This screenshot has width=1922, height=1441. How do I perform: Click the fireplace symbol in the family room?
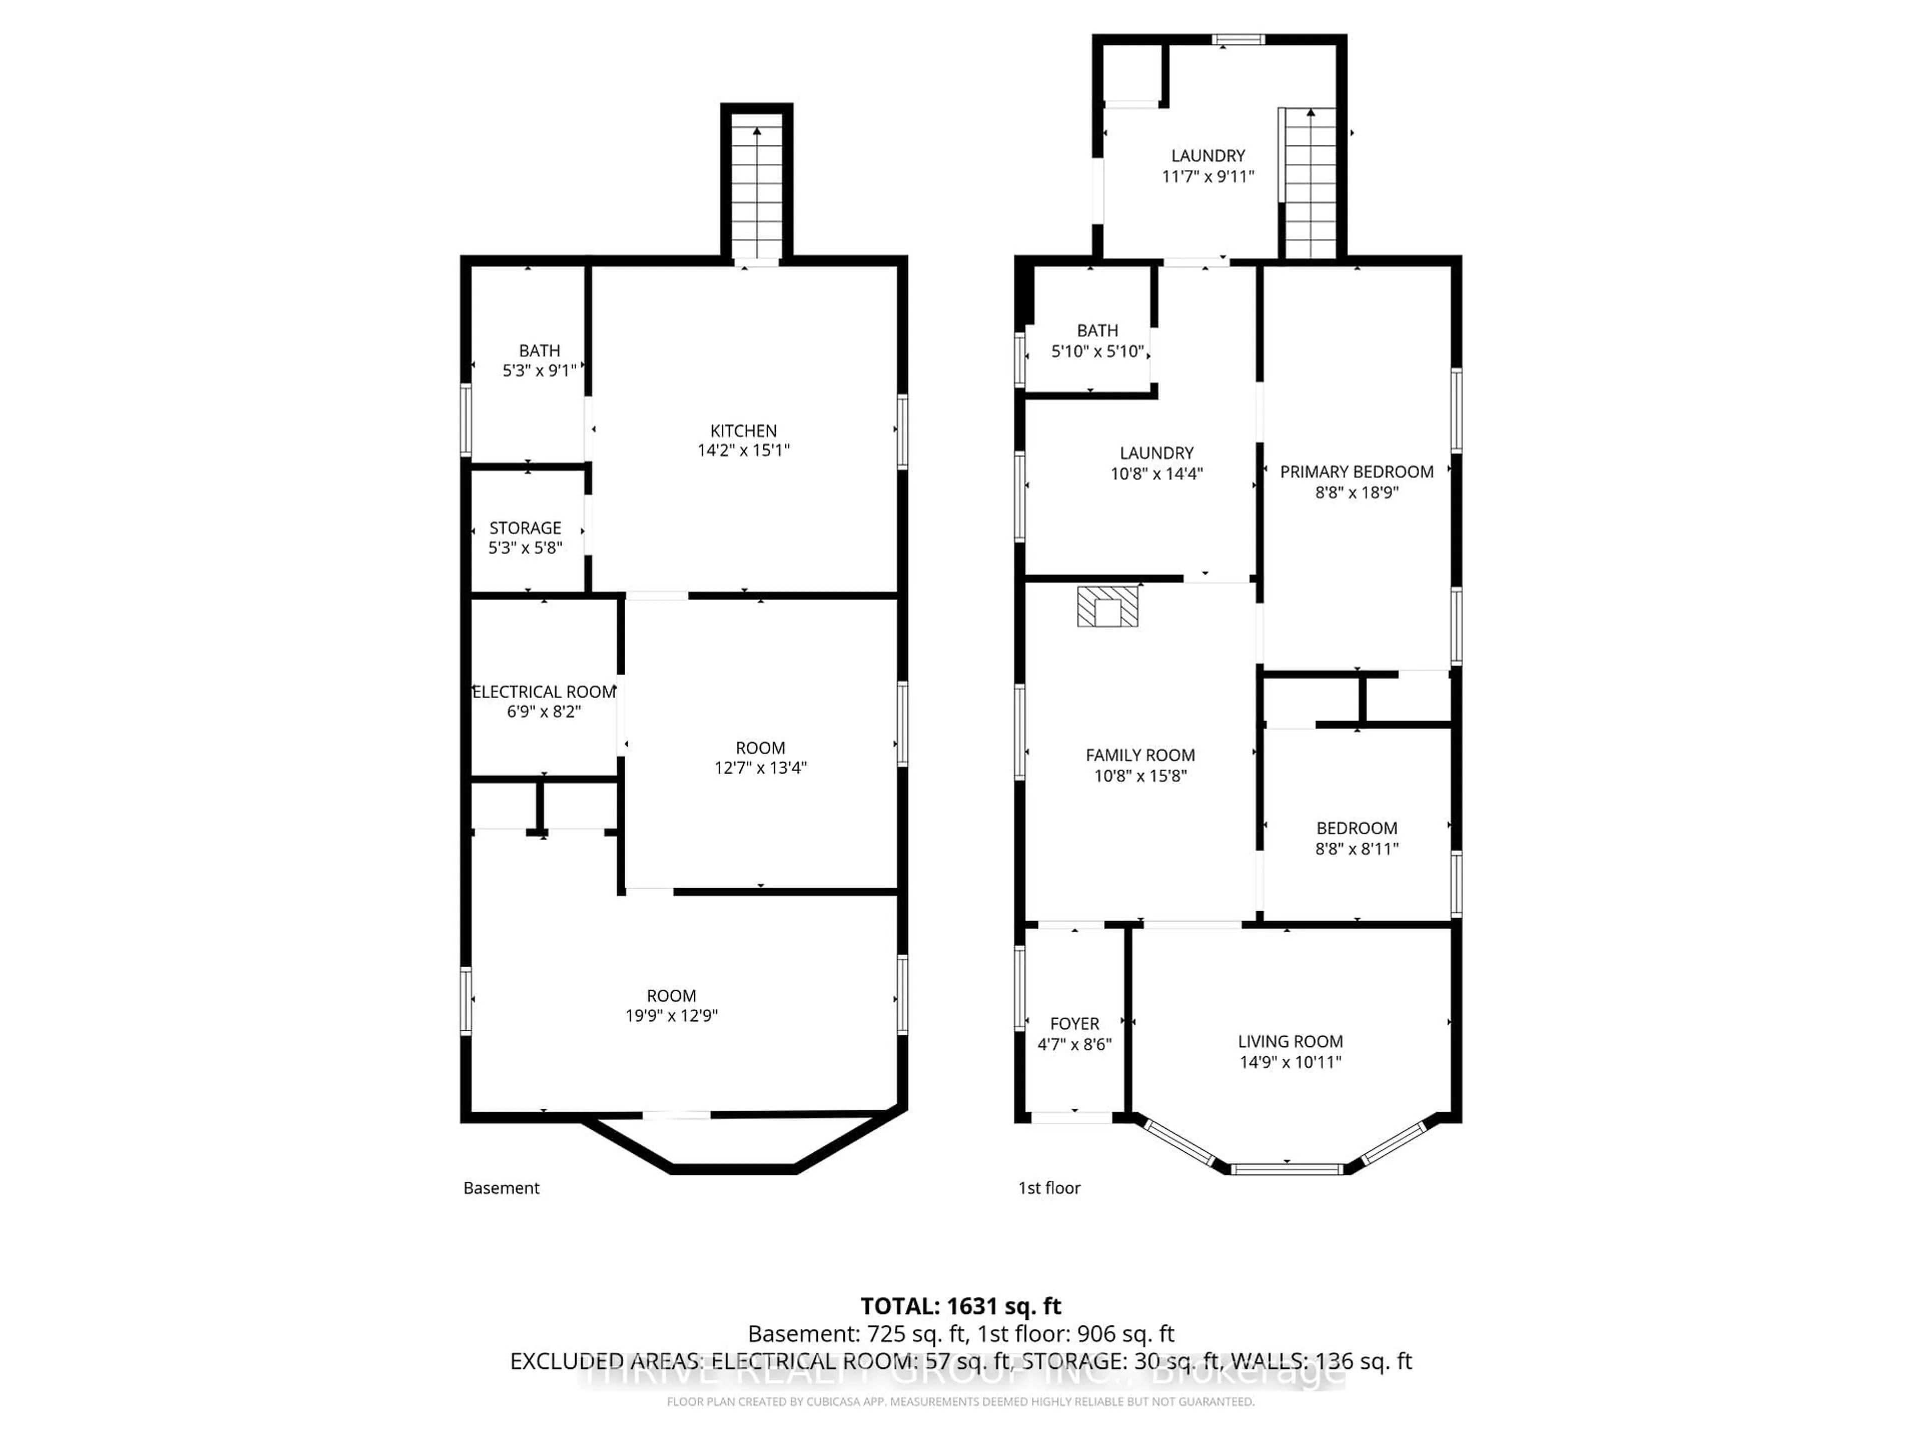click(x=1107, y=606)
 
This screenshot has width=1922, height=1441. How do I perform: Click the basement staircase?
click(x=757, y=191)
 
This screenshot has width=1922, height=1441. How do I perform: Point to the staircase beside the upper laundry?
click(x=1309, y=183)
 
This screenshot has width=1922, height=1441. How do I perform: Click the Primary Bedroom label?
click(x=1356, y=472)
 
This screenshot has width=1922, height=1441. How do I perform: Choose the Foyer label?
click(x=1074, y=1024)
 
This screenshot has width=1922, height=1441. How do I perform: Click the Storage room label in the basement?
click(x=525, y=528)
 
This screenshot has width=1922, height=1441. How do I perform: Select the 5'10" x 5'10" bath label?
click(x=1098, y=351)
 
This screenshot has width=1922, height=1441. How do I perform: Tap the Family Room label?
click(x=1140, y=755)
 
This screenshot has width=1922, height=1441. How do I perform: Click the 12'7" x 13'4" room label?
click(x=760, y=767)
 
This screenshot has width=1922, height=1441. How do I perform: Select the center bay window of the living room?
click(x=1288, y=1169)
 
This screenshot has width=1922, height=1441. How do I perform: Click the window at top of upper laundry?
click(x=1238, y=39)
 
